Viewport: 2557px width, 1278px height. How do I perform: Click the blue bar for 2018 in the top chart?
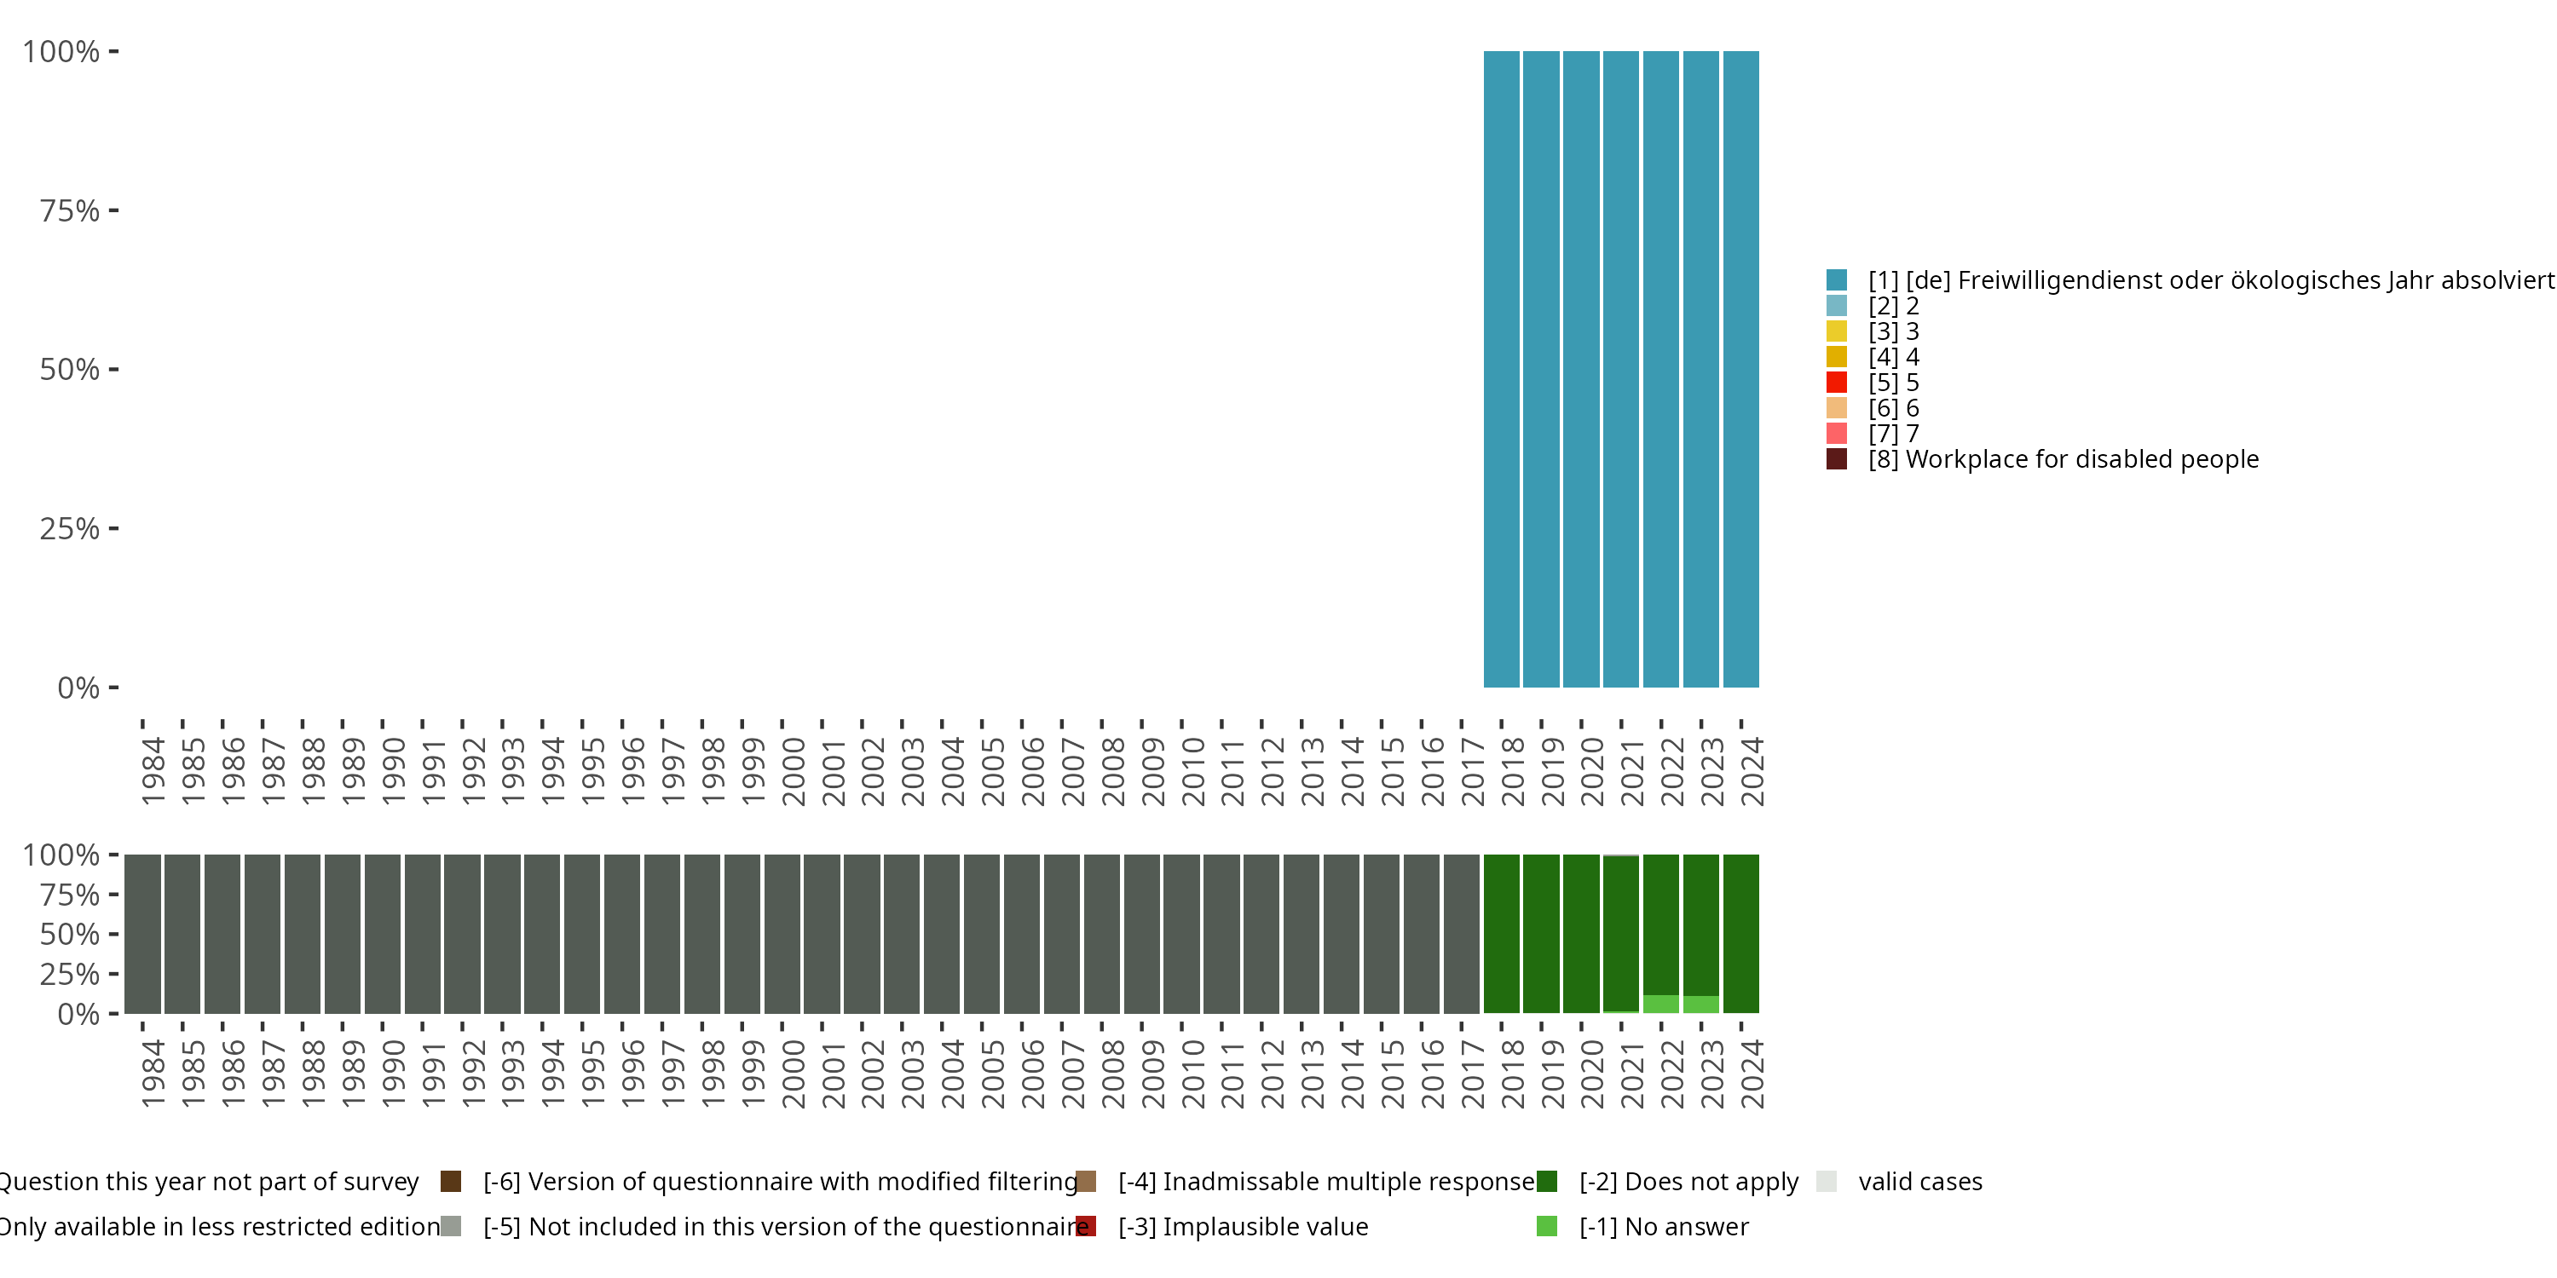pyautogui.click(x=1501, y=369)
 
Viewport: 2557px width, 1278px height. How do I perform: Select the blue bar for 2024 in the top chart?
pyautogui.click(x=1741, y=369)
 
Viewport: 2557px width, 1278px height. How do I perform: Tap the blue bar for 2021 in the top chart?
pyautogui.click(x=1621, y=369)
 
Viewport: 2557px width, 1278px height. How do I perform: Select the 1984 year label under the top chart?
pyautogui.click(x=153, y=772)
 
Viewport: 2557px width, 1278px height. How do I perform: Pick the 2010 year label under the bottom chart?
pyautogui.click(x=1193, y=1074)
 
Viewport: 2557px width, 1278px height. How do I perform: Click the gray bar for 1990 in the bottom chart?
pyautogui.click(x=382, y=934)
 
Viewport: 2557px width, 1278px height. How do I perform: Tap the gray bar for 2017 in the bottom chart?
pyautogui.click(x=1461, y=934)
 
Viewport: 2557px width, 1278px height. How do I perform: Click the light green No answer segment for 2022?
pyautogui.click(x=1660, y=1005)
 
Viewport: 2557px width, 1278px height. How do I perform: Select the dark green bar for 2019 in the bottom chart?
pyautogui.click(x=1540, y=934)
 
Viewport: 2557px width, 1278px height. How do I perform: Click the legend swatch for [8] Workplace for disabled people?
pyautogui.click(x=1837, y=459)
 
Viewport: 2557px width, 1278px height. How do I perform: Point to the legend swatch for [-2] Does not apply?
pyautogui.click(x=1546, y=1182)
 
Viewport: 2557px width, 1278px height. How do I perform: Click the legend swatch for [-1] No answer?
pyautogui.click(x=1546, y=1226)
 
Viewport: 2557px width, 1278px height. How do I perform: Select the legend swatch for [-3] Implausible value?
pyautogui.click(x=1086, y=1226)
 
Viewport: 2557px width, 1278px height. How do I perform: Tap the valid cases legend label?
pyautogui.click(x=1919, y=1182)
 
